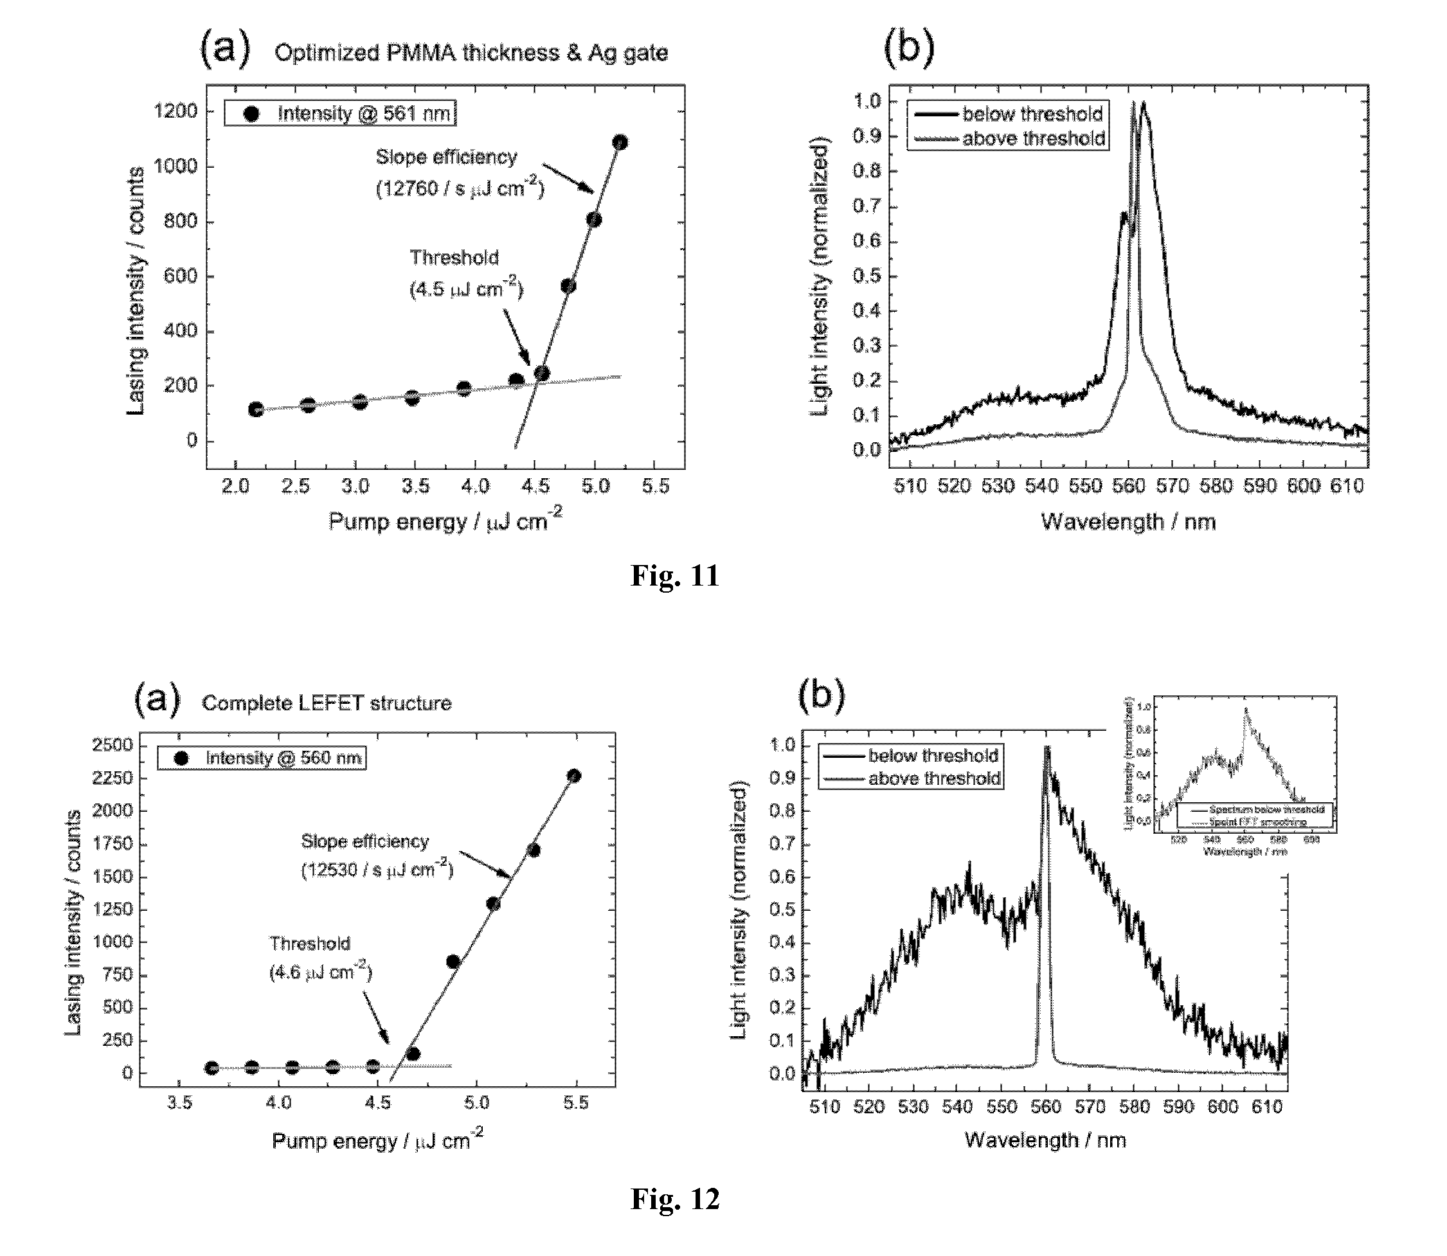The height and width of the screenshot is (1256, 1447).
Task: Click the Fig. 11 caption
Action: pos(674,575)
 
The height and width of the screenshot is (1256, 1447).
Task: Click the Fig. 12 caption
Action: pos(674,1199)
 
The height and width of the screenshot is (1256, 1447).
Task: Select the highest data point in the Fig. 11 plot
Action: pos(620,142)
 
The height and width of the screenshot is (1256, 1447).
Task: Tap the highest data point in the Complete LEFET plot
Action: pos(574,776)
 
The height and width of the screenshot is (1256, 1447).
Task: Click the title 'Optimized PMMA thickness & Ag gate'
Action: pos(471,53)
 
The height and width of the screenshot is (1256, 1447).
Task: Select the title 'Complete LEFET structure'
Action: pos(327,703)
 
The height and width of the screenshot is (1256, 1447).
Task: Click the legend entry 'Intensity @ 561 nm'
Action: pos(364,114)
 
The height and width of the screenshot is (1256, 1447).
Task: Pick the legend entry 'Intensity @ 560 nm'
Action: pos(283,758)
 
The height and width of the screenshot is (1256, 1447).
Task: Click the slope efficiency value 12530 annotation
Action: pos(377,870)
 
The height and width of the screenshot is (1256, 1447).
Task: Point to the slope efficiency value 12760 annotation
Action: pos(460,189)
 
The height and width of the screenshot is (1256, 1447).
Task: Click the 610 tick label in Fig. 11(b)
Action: pos(1347,486)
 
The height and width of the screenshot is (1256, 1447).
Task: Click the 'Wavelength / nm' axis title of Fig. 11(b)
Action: pos(1128,521)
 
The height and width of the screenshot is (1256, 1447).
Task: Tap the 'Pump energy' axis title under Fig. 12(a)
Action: pos(377,1141)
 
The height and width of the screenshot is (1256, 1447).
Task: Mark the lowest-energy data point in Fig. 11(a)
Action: pos(256,409)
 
